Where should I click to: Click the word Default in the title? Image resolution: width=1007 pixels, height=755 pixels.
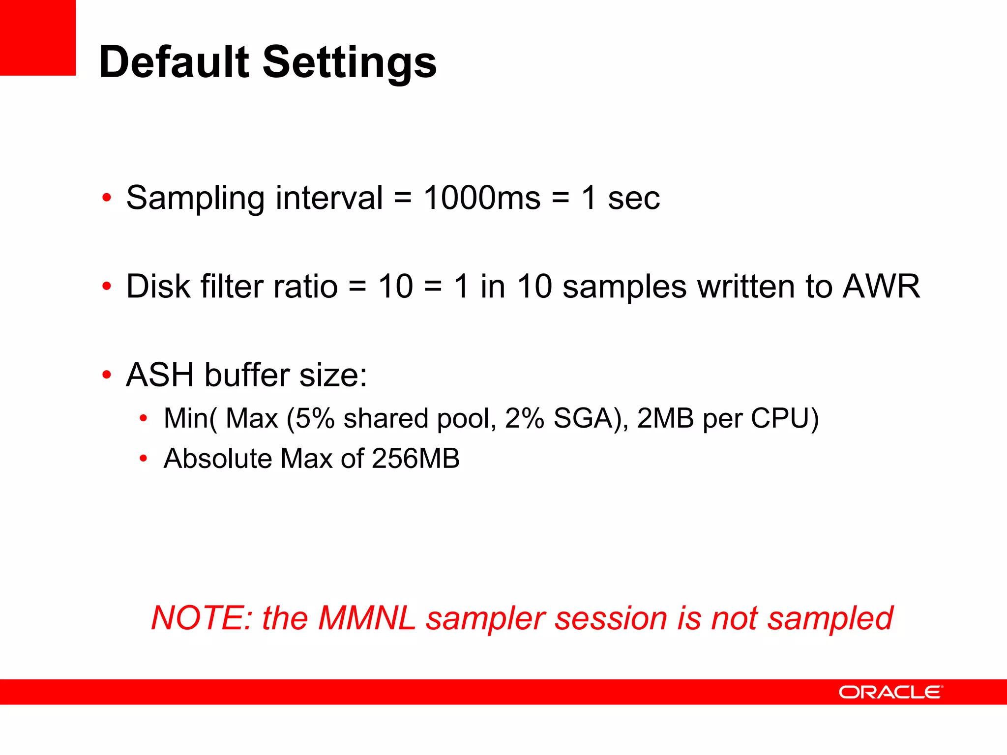click(x=175, y=62)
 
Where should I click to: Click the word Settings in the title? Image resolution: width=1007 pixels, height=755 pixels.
click(x=350, y=63)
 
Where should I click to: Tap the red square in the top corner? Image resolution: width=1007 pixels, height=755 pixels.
click(x=37, y=37)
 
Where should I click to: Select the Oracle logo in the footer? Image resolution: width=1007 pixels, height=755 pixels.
click(x=890, y=692)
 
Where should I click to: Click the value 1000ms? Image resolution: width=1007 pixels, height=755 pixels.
click(x=482, y=198)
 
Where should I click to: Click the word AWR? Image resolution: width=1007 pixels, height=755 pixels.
click(x=881, y=286)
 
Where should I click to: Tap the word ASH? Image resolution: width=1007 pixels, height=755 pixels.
click(x=160, y=375)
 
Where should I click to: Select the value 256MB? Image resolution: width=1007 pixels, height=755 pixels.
click(x=415, y=459)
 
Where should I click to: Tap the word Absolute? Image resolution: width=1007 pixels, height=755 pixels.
click(x=218, y=459)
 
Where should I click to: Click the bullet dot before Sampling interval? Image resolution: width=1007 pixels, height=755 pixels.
click(x=107, y=198)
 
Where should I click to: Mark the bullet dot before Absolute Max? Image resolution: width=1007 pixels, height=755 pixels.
click(x=143, y=459)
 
